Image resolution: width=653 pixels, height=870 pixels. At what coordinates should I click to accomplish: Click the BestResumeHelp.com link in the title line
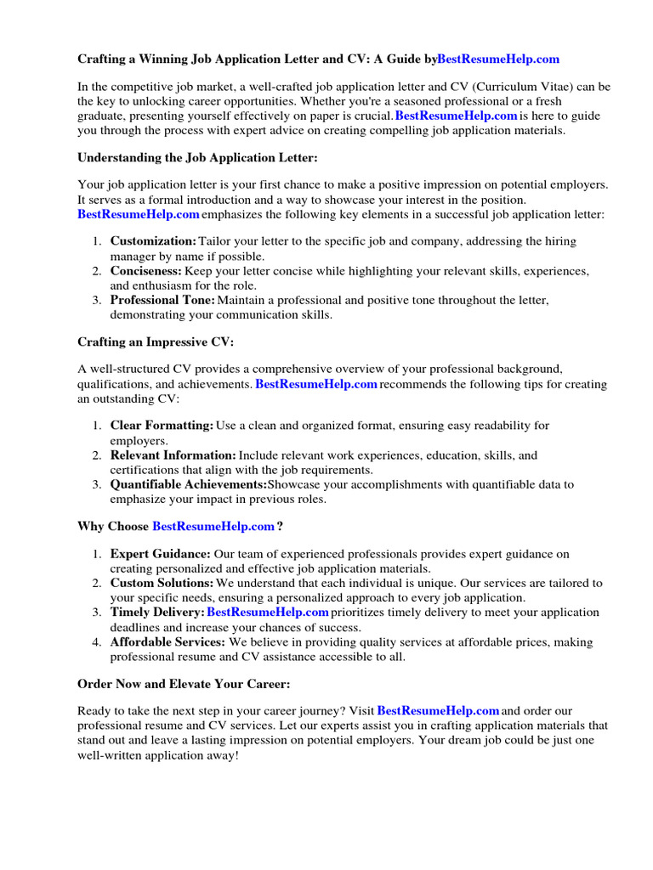click(x=498, y=59)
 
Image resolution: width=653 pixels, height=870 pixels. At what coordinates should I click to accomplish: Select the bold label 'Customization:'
click(x=153, y=241)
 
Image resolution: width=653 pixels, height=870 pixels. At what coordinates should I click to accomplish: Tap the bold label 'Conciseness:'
click(x=146, y=270)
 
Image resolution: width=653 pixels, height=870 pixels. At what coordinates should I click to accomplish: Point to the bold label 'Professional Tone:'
click(x=162, y=300)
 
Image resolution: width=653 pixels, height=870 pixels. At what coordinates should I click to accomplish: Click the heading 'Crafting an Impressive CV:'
click(x=155, y=342)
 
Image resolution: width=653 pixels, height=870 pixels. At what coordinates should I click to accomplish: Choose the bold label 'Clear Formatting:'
click(x=162, y=425)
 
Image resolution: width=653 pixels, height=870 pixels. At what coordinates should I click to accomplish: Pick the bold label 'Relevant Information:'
click(x=173, y=455)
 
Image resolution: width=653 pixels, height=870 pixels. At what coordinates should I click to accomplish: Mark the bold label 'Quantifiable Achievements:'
click(x=188, y=484)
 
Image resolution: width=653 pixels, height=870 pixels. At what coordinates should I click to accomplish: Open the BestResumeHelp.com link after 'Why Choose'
click(x=213, y=526)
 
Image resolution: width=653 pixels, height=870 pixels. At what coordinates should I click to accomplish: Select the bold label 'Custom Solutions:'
click(x=162, y=583)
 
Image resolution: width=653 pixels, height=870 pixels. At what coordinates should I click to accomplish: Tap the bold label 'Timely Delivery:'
click(x=157, y=613)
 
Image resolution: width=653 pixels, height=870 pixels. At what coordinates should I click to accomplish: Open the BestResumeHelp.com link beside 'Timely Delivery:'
click(x=268, y=613)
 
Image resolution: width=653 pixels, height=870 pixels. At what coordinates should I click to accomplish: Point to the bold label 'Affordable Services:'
click(x=168, y=642)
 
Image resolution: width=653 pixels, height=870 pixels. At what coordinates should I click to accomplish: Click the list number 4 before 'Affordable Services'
click(x=97, y=642)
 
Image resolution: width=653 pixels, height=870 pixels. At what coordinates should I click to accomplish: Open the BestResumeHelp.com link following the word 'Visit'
click(x=438, y=710)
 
